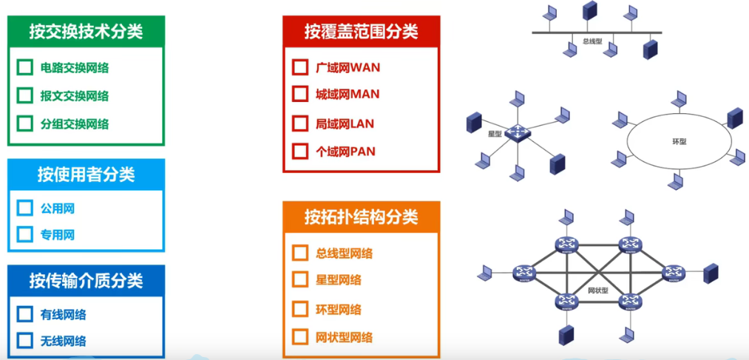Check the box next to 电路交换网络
click(x=24, y=68)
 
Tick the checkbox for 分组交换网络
click(x=24, y=123)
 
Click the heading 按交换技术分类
click(x=86, y=31)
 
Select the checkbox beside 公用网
click(x=24, y=208)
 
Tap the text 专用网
click(x=58, y=235)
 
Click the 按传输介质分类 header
click(x=86, y=281)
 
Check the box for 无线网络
click(x=24, y=341)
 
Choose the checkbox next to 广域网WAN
click(x=300, y=68)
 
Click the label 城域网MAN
click(x=347, y=95)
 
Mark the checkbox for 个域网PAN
click(x=300, y=152)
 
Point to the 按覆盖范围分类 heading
click(x=361, y=32)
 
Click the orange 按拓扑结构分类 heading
click(x=361, y=217)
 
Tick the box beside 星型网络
click(x=300, y=280)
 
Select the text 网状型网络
click(x=344, y=338)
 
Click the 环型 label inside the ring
click(x=679, y=141)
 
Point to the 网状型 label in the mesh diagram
click(x=598, y=291)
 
